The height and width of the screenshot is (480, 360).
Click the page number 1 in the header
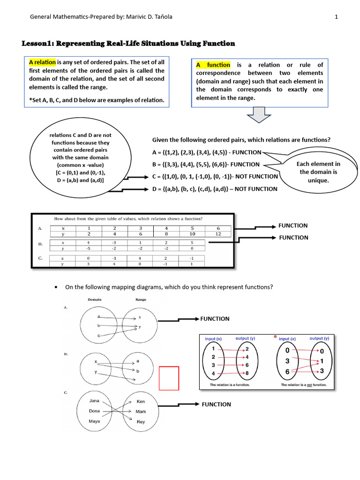tap(336, 17)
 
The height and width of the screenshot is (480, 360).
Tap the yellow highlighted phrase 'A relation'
tap(42, 62)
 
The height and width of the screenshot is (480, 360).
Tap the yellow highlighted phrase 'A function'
tap(213, 65)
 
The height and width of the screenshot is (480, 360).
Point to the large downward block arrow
tap(256, 115)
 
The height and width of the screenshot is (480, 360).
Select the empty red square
tap(169, 378)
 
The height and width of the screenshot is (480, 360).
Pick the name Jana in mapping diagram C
tap(94, 401)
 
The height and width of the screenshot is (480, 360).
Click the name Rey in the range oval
tap(141, 422)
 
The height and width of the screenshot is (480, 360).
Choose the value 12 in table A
tap(218, 233)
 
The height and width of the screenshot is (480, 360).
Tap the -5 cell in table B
tap(88, 249)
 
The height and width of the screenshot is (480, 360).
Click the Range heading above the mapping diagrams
tap(141, 300)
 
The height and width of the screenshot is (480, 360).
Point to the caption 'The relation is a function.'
tap(230, 385)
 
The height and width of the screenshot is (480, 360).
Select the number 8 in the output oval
tap(247, 373)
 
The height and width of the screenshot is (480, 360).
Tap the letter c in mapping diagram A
tap(98, 336)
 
